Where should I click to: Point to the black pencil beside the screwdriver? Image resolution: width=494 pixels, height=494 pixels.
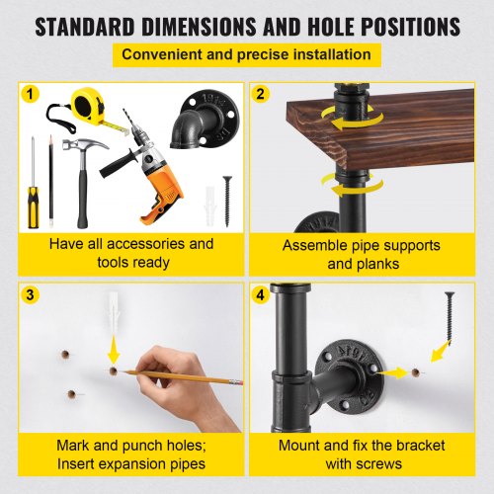(x=50, y=181)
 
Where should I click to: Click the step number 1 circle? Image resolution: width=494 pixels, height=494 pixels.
(x=30, y=94)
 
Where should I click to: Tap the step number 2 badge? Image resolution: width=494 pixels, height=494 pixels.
(x=260, y=94)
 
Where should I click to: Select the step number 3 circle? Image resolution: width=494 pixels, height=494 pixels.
(x=30, y=294)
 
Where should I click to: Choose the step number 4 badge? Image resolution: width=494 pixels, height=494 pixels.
(x=260, y=294)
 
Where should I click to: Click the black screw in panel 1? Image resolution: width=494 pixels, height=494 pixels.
(x=227, y=202)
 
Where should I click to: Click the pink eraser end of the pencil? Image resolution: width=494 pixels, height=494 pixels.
(x=238, y=382)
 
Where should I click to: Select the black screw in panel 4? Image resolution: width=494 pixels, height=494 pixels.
(x=449, y=315)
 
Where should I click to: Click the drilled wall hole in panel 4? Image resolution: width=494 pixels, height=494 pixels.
(x=416, y=372)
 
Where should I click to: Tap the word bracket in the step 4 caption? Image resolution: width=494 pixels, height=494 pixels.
(x=421, y=446)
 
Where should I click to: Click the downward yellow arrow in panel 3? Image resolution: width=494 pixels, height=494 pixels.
(x=114, y=349)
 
